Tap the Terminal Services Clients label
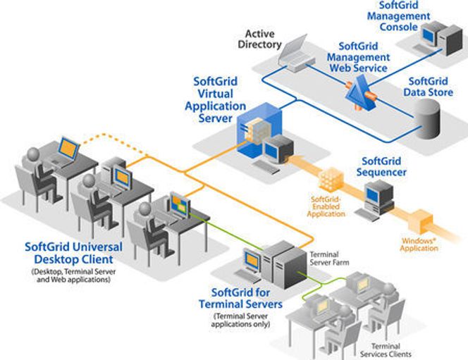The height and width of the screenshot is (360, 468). tap(386, 349)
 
